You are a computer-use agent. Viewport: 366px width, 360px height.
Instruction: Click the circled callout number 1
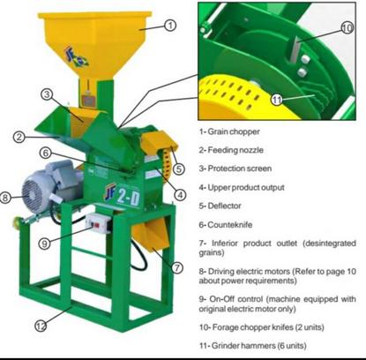[170, 26]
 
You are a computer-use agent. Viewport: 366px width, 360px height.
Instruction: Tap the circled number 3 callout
[47, 94]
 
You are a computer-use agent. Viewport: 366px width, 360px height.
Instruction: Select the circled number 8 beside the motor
[5, 197]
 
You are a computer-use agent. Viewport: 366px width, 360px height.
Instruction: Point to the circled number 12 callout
[41, 326]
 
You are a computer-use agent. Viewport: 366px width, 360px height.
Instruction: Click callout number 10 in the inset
[347, 28]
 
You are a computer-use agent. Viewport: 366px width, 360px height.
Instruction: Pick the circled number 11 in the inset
[277, 100]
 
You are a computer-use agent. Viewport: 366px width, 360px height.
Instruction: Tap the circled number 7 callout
[176, 267]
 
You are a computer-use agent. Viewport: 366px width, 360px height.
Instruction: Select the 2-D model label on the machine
[129, 196]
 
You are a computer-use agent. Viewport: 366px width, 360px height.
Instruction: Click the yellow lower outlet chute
[151, 235]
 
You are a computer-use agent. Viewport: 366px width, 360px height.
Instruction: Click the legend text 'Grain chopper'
[234, 131]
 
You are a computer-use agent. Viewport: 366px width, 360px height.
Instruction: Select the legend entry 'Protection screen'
[240, 169]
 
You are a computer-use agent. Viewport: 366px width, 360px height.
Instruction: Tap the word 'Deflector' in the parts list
[224, 206]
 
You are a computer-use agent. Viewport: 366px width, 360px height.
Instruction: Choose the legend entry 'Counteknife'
[230, 225]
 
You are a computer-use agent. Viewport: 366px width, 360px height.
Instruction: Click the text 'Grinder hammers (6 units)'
[259, 346]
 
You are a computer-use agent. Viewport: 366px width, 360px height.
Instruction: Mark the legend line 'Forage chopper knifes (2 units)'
[268, 327]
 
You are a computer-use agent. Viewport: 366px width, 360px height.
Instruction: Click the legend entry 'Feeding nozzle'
[235, 150]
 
